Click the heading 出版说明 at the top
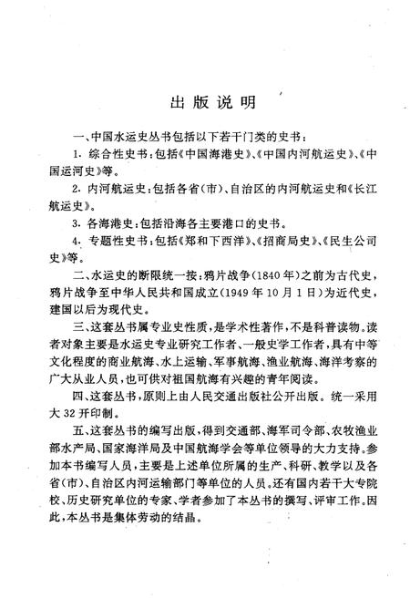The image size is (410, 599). pyautogui.click(x=204, y=99)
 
